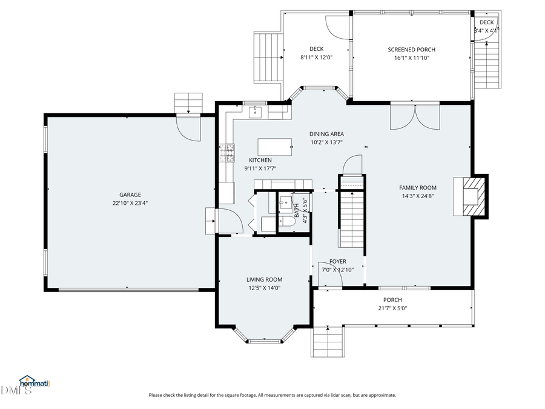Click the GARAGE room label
pos(130,195)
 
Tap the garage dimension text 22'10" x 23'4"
pos(130,204)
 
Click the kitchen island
pos(274,147)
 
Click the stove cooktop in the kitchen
pos(226,153)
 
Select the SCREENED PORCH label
pos(411,50)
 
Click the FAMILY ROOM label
pos(417,188)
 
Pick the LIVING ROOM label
pos(264,279)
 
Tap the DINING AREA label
pos(326,135)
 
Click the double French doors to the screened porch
pos(413,116)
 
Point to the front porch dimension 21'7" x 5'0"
pos(392,308)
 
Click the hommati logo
pos(34,382)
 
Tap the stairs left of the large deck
pos(268,58)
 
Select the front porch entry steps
pos(328,344)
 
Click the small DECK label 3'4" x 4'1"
pos(486,26)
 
